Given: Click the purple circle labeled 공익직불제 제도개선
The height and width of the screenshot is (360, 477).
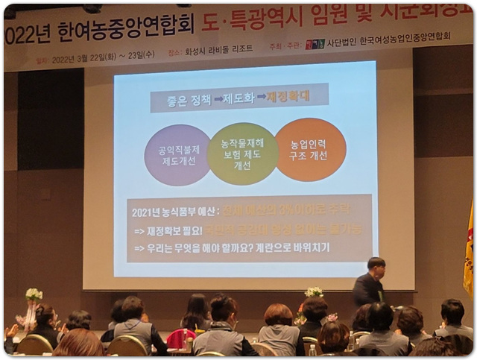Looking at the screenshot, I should (x=177, y=155).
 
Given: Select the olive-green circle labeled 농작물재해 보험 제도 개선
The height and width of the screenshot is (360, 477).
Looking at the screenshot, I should (x=242, y=154).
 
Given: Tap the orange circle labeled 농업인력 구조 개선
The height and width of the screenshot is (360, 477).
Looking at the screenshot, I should (x=309, y=150).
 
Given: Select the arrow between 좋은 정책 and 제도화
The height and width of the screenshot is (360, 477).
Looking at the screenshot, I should (x=209, y=100).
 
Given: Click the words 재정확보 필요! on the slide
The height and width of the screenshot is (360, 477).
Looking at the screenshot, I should (x=171, y=230).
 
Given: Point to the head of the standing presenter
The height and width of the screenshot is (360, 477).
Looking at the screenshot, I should (x=376, y=266).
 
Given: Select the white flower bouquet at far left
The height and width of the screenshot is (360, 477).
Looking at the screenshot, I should (x=34, y=295).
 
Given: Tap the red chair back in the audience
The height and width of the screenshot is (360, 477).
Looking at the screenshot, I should (x=179, y=338).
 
